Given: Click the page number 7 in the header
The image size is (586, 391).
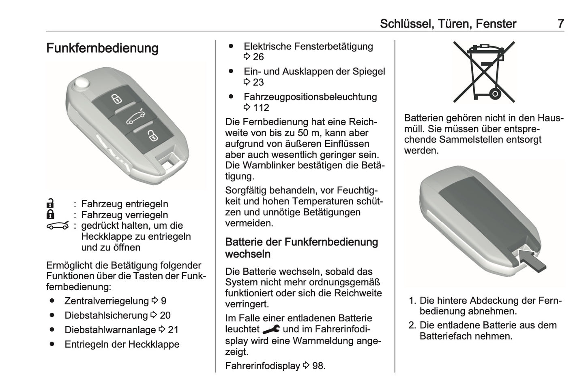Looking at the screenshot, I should tap(560, 23).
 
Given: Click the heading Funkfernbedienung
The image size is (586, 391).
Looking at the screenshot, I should tap(102, 48).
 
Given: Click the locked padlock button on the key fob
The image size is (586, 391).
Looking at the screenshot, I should tap(117, 98).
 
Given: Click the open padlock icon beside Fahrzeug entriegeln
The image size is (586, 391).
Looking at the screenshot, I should tap(50, 204).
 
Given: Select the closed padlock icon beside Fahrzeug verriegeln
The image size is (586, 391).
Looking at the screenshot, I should tap(50, 215).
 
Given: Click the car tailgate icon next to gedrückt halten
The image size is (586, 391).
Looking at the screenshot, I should tap(58, 225).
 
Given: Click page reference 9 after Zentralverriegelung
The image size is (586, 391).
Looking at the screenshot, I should tap(159, 301).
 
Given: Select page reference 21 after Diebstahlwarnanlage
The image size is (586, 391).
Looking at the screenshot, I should tap(169, 330).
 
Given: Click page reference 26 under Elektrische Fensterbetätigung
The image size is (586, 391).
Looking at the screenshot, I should tap(254, 57).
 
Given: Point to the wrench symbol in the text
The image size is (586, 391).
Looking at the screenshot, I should tap(271, 329).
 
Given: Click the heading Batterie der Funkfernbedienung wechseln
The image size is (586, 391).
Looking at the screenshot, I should tap(301, 248).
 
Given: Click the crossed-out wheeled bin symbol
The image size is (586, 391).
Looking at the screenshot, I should tap(483, 72).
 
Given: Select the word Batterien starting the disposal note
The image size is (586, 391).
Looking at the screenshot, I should tap(423, 118).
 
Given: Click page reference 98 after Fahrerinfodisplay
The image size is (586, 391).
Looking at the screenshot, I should tap(315, 365).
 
